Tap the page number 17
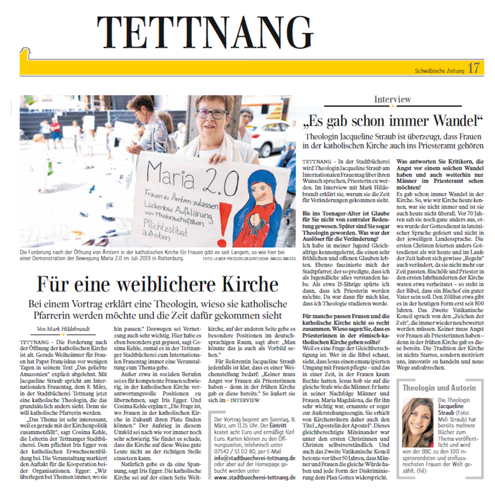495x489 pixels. (x=474, y=68)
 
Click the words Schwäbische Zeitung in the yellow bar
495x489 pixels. (x=439, y=71)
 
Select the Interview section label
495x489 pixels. (x=392, y=99)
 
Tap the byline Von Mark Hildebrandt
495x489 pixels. (x=63, y=329)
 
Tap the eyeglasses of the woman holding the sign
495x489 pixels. (x=212, y=113)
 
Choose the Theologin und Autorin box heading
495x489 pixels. (x=439, y=388)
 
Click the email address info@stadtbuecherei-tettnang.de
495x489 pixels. (x=254, y=458)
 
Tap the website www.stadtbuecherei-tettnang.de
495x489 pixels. (x=254, y=477)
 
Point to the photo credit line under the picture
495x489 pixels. (x=249, y=259)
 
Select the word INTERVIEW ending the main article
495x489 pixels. (x=245, y=400)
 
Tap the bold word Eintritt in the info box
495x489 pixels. (x=278, y=426)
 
